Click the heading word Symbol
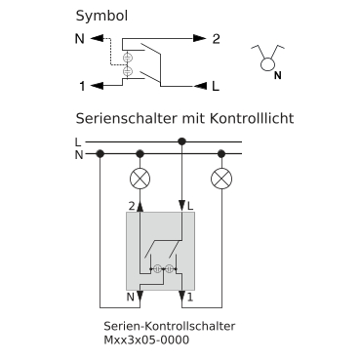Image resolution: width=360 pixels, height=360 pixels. coord(101,17)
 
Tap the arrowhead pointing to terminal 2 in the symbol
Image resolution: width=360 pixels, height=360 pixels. coord(200,38)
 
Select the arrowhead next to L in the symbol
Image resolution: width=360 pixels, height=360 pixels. coord(200,86)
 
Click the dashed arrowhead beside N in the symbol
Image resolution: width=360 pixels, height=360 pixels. coord(97,38)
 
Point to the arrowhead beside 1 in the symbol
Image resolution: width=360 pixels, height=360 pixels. coord(97,86)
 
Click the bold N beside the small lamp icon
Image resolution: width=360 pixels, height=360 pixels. coord(277,76)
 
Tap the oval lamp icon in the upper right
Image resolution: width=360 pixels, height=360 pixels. coord(268,63)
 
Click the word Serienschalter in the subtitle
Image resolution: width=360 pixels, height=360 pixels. coord(127,118)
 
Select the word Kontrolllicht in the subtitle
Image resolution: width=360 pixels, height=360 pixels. coord(252,118)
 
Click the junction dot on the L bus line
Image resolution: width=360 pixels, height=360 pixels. coord(182,141)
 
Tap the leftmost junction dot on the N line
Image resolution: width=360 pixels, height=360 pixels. coord(100,153)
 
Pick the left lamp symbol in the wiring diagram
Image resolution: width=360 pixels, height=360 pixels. coord(140,179)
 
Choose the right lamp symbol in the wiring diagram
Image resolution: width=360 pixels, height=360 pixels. coord(221,179)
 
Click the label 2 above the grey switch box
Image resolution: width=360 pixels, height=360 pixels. coord(132,206)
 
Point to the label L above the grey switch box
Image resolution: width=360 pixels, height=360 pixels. coord(190,206)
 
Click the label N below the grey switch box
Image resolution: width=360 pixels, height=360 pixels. coord(131,297)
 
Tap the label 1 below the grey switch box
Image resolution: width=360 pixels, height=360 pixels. coord(190,297)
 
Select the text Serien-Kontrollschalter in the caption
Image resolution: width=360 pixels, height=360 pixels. coord(169,326)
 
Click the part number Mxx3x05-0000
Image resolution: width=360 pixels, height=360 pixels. coord(146,340)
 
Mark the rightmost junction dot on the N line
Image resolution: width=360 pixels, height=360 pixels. coord(221,153)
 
